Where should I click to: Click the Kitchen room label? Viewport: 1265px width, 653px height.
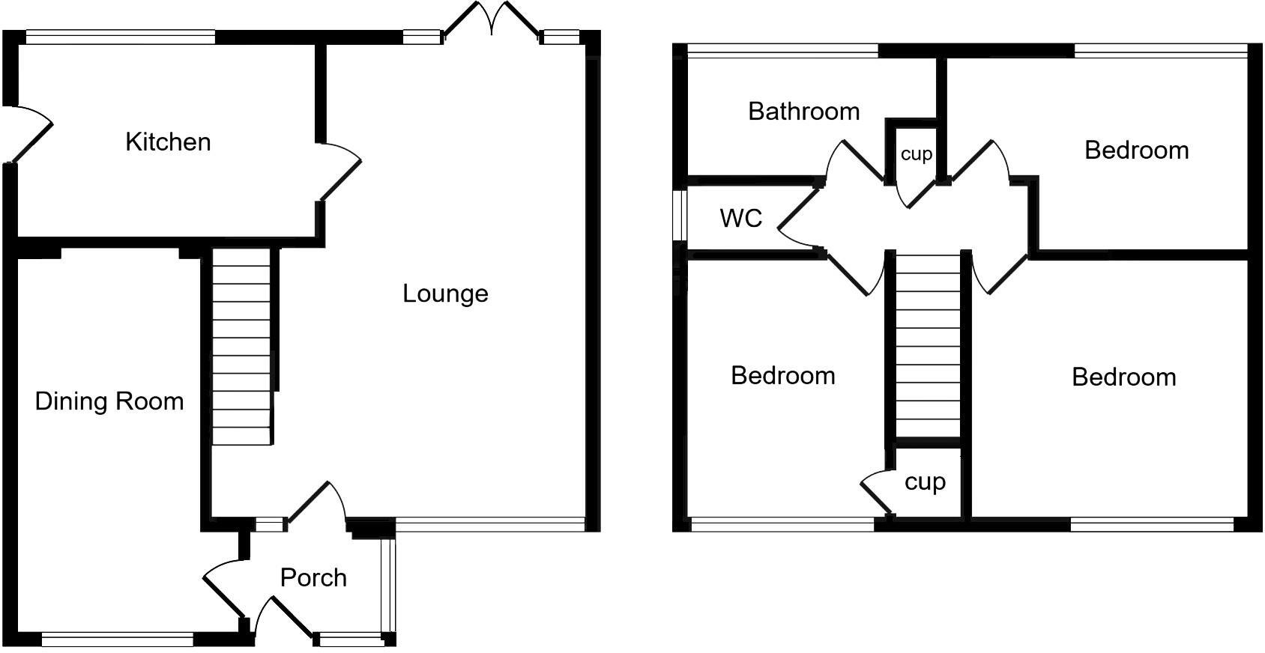click(168, 142)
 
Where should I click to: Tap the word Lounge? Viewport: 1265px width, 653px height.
click(445, 293)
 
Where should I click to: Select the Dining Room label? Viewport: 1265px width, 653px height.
click(109, 401)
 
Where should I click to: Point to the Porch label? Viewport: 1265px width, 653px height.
click(313, 577)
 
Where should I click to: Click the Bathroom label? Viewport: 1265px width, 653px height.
click(803, 112)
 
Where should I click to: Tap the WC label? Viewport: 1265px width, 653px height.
click(740, 218)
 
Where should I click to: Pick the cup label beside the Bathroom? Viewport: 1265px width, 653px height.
click(916, 154)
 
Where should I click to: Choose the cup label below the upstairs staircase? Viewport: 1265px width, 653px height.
click(925, 482)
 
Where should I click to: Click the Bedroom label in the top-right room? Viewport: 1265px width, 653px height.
click(1136, 151)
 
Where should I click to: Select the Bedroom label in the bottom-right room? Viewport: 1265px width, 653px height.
click(1123, 377)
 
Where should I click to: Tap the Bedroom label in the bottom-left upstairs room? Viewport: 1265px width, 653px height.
click(782, 375)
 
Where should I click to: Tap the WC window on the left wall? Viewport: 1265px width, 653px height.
click(680, 216)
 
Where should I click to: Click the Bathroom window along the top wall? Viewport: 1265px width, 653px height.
click(782, 50)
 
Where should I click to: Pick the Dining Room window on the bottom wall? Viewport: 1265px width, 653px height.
click(118, 639)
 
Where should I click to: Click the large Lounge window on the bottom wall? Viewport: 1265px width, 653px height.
click(490, 524)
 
